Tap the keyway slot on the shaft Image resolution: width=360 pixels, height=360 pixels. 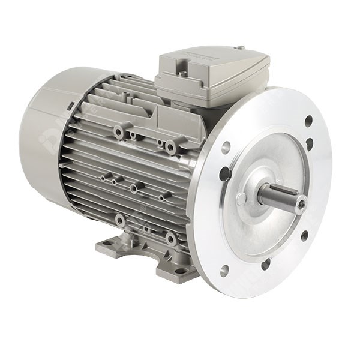coord(282,191)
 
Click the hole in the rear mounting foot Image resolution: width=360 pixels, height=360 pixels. coord(110,242)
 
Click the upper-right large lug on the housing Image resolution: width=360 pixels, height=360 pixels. coord(172,146)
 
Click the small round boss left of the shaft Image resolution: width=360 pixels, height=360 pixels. coord(241,199)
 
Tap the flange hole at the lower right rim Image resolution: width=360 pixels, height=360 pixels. coord(304,236)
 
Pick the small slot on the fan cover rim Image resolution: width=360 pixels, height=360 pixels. coord(71,106)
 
